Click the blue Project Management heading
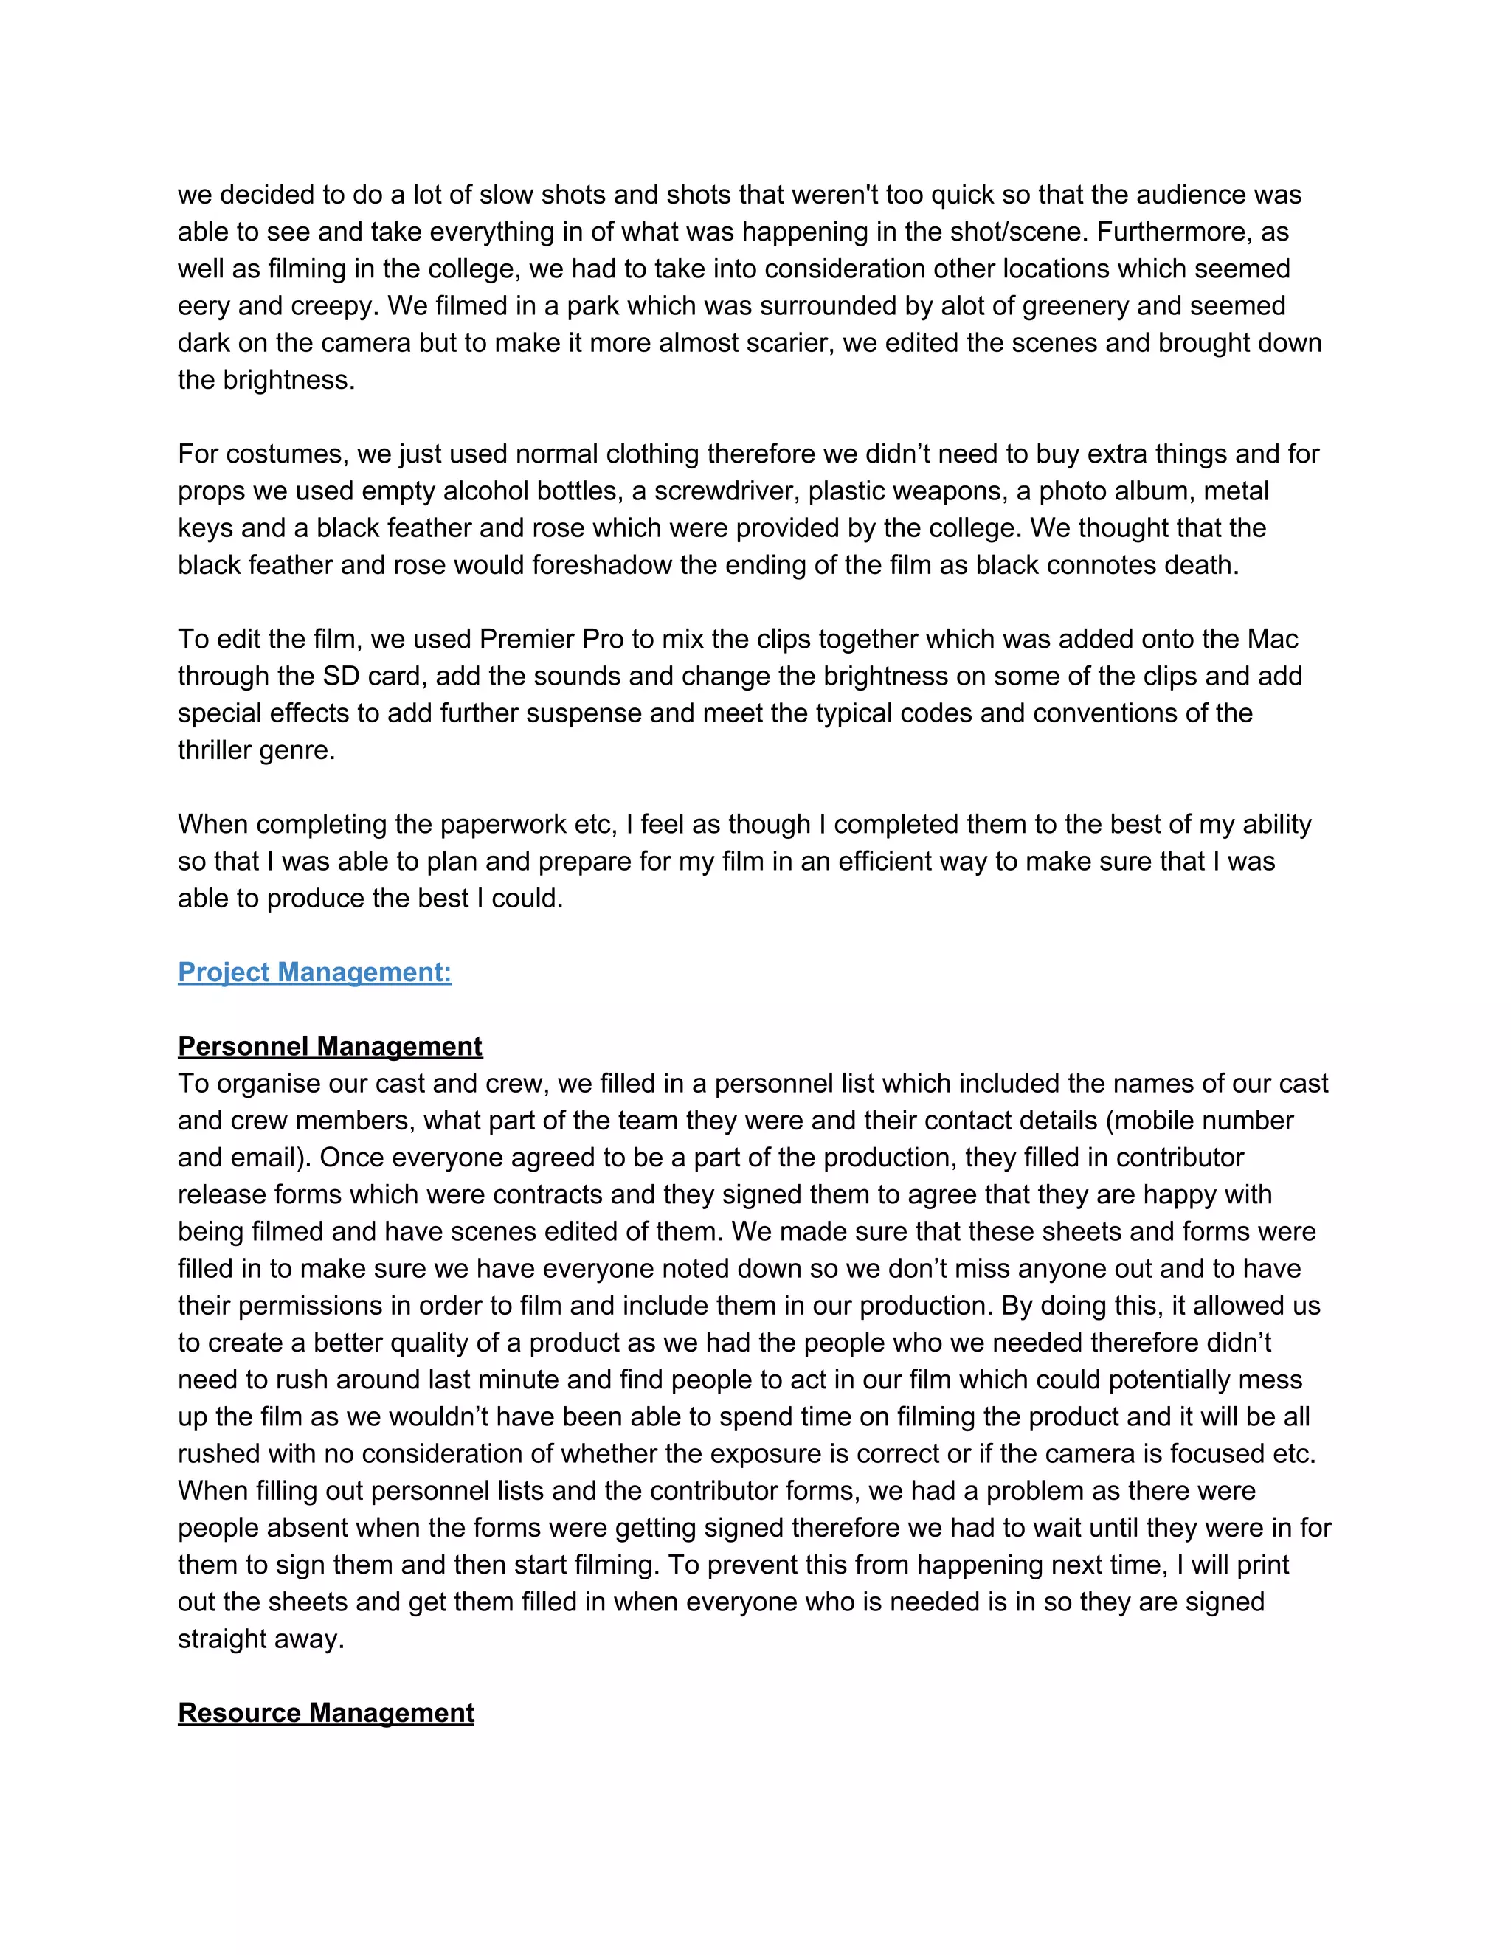click(314, 972)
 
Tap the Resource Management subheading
click(326, 1712)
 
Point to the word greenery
click(1076, 306)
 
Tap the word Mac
click(1272, 639)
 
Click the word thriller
click(214, 750)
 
